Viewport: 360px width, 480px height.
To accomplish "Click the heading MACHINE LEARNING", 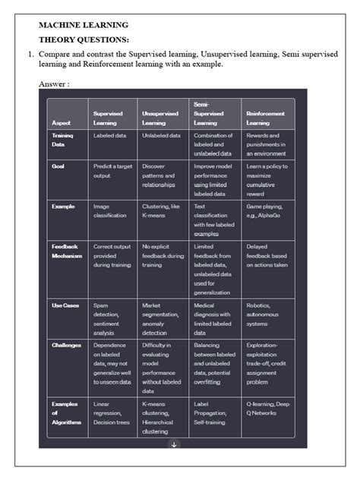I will pos(84,25).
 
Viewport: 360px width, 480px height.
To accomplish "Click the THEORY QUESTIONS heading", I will pos(84,39).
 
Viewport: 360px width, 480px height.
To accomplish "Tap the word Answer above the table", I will pos(54,84).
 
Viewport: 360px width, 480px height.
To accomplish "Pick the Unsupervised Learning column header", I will pos(159,117).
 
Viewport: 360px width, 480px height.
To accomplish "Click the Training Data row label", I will pos(64,140).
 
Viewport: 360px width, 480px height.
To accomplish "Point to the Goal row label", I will pos(58,166).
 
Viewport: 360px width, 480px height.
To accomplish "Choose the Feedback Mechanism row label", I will pos(67,251).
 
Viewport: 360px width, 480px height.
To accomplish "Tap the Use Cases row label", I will pos(66,305).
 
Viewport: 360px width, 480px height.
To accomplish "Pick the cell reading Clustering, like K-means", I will pos(160,210).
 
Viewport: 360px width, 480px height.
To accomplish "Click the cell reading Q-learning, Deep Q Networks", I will pos(267,409).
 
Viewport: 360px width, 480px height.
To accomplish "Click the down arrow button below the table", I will pos(173,444).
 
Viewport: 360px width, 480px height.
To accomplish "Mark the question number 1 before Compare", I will pos(30,55).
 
